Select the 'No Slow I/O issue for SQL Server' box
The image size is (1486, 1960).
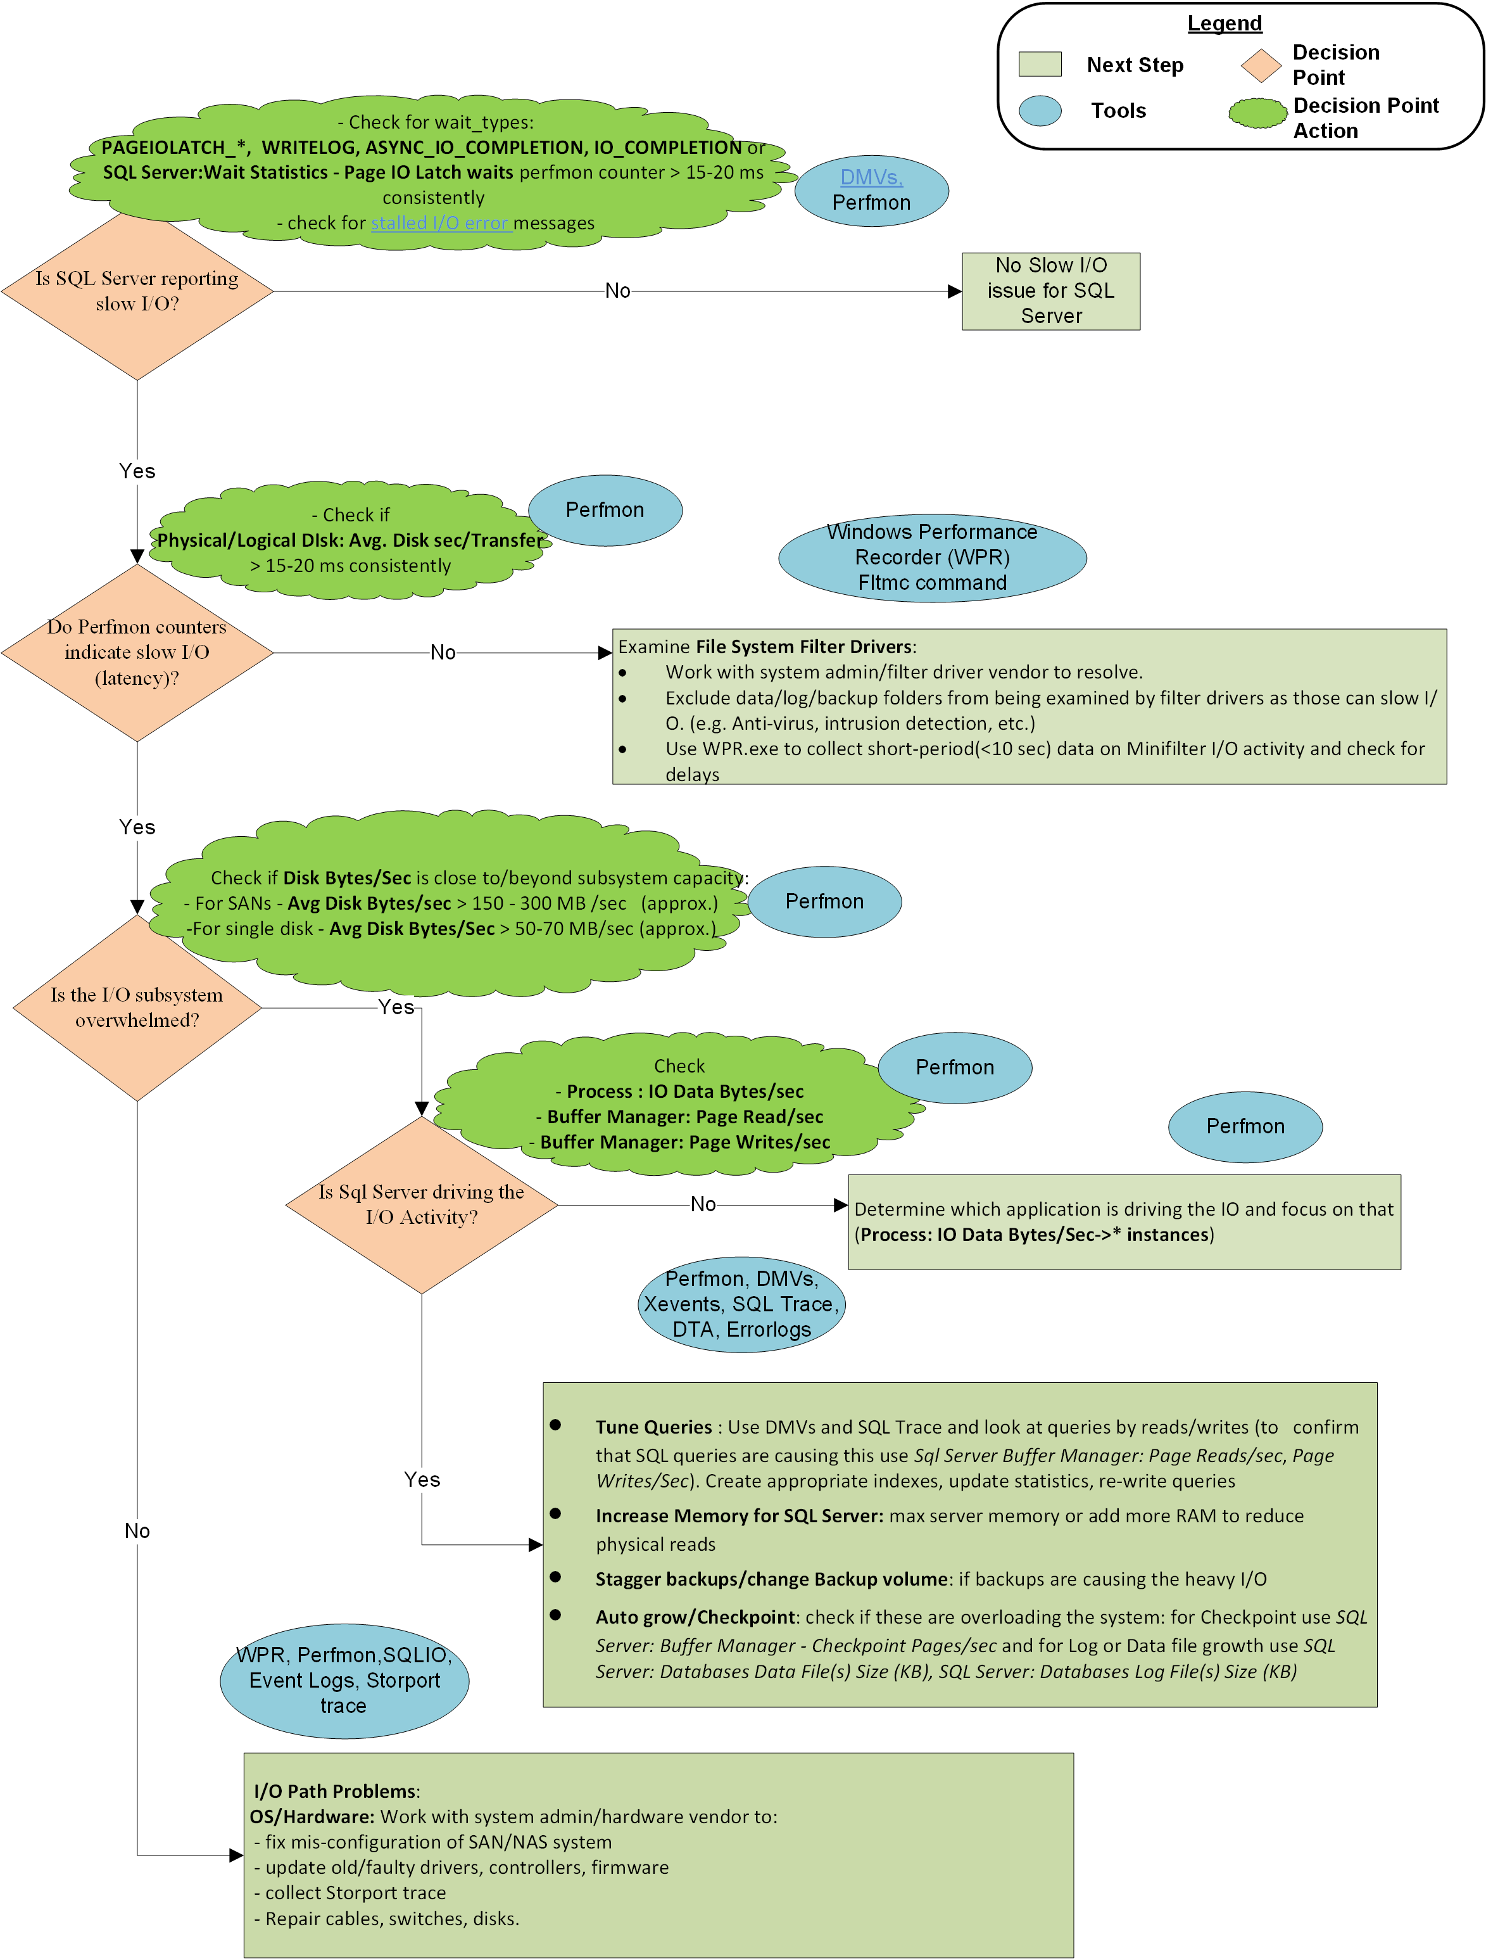click(x=1050, y=291)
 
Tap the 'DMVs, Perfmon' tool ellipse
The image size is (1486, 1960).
click(x=871, y=191)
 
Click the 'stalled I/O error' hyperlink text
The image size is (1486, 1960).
click(x=439, y=223)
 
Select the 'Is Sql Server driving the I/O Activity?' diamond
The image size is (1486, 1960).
click(x=422, y=1204)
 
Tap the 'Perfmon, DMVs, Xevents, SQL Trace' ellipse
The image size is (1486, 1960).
click(x=741, y=1304)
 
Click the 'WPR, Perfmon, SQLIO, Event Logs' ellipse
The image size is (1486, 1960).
click(x=344, y=1680)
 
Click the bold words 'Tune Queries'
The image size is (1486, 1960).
click(x=653, y=1427)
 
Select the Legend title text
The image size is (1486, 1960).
click(x=1224, y=23)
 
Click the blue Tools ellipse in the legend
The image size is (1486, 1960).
click(x=1040, y=111)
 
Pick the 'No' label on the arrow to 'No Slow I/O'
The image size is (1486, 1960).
click(x=617, y=291)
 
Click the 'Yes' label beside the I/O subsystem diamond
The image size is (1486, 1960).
click(x=396, y=1007)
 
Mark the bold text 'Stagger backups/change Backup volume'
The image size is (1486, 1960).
click(x=771, y=1579)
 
